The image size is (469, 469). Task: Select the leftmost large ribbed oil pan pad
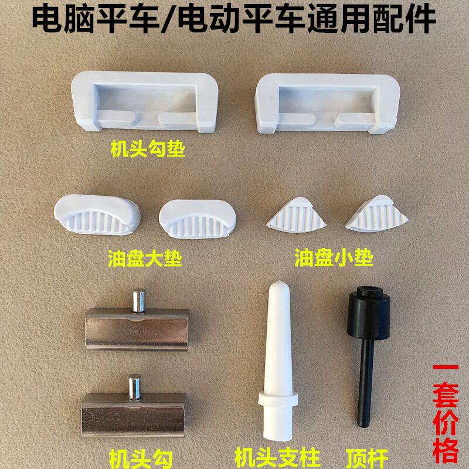tap(97, 212)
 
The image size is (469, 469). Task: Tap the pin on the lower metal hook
tap(134, 387)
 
